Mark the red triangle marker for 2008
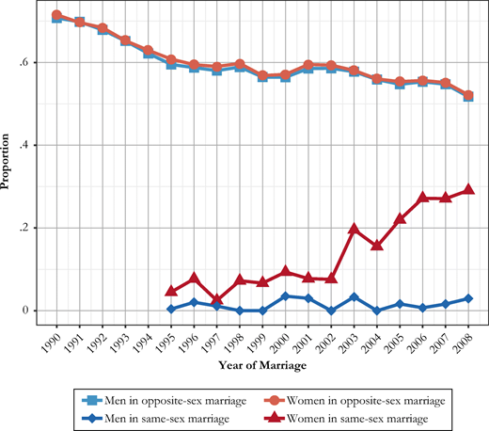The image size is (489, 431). click(468, 190)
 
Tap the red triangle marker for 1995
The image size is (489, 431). click(171, 292)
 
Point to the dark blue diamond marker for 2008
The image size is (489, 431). click(468, 298)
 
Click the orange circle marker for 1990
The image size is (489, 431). click(56, 15)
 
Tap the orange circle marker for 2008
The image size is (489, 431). click(468, 95)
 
